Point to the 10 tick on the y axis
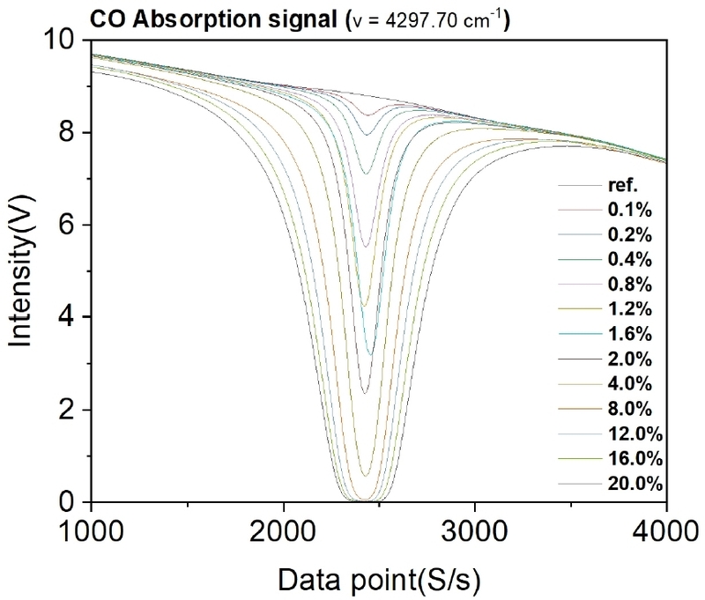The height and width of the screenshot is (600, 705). [63, 41]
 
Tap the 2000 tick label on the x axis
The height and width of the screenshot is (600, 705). [283, 531]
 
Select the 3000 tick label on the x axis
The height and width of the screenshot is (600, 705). [475, 531]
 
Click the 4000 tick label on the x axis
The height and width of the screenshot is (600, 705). [666, 531]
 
